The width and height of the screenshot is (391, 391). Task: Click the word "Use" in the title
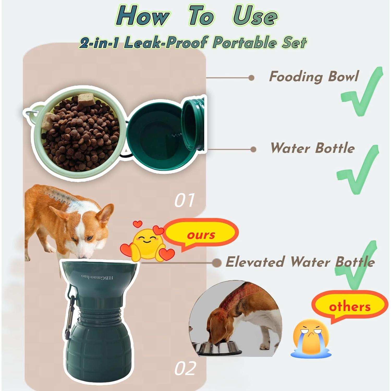tap(255, 16)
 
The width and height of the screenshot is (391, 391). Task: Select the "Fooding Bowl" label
tap(314, 77)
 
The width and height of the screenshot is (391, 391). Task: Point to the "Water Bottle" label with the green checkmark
tap(313, 148)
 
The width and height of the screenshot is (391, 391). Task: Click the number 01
tap(185, 200)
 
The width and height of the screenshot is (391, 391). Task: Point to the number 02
tap(185, 368)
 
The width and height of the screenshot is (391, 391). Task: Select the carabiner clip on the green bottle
tap(69, 313)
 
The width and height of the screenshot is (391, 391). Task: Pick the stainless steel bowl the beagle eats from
tap(219, 348)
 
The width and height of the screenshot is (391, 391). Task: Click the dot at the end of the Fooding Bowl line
tap(251, 78)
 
